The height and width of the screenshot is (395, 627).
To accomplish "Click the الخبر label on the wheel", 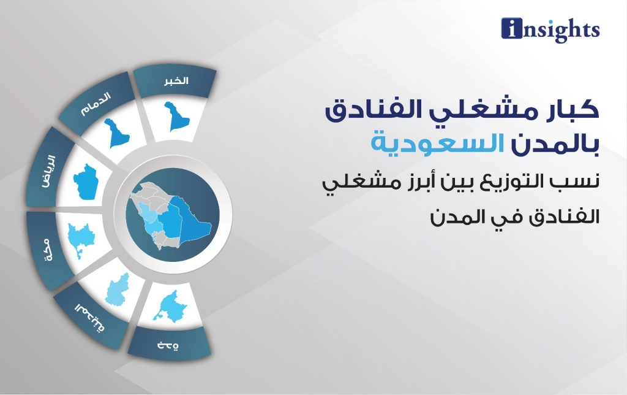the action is tap(176, 80).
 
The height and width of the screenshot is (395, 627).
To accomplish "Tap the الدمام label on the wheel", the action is tap(96, 104).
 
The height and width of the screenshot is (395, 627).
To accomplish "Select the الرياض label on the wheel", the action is tap(49, 172).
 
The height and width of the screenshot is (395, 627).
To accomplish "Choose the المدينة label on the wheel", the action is tap(89, 317).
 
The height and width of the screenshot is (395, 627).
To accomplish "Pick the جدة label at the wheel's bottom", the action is tap(168, 345).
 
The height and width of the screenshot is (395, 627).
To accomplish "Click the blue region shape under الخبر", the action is tap(176, 117).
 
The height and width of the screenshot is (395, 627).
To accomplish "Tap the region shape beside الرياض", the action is tap(86, 182).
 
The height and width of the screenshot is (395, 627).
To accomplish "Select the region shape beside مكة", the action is tap(81, 239).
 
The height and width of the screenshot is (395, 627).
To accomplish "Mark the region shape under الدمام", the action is tap(116, 133).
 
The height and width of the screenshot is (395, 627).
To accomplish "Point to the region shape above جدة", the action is tap(170, 307).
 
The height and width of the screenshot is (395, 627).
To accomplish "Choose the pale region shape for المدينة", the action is tap(117, 290).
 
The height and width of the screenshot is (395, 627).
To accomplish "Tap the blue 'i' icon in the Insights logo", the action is tap(512, 28).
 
